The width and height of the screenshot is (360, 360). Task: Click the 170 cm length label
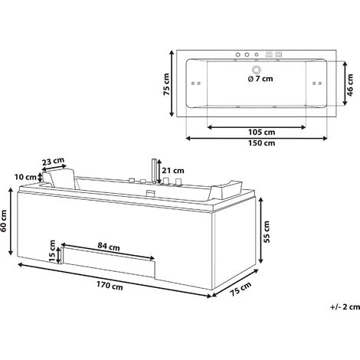[110, 286]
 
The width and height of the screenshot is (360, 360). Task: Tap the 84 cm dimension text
[109, 247]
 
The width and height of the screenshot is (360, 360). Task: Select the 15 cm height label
[52, 251]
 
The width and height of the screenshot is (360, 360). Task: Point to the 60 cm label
[4, 221]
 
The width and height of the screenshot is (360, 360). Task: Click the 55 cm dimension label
[267, 232]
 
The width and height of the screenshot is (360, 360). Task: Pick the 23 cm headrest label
[53, 162]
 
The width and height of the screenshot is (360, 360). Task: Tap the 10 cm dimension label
[25, 177]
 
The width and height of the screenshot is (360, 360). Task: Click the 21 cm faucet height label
[173, 170]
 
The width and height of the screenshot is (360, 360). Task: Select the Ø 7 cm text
[260, 79]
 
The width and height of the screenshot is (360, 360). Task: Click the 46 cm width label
[350, 85]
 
